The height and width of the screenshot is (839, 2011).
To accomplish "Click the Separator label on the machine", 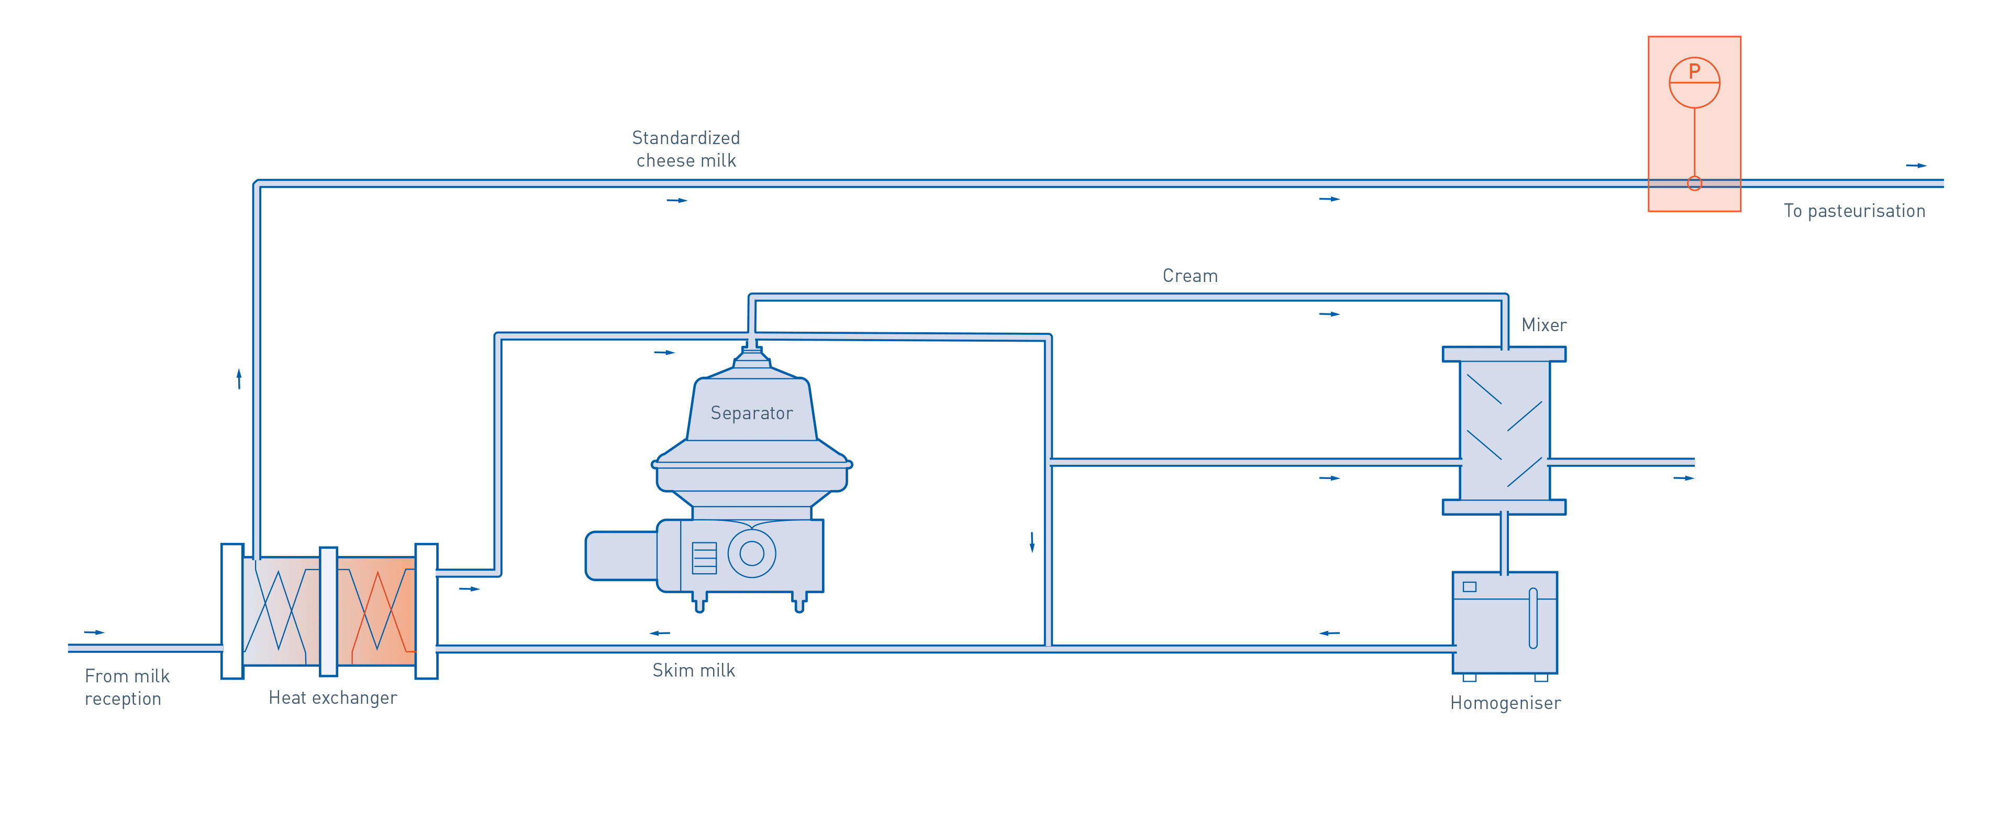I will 751,413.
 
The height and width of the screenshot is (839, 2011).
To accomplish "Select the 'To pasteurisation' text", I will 1854,211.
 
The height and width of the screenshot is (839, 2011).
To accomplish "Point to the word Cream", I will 1190,276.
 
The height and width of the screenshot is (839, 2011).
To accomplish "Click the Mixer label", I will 1543,325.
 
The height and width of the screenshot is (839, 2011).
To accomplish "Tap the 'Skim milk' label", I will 693,670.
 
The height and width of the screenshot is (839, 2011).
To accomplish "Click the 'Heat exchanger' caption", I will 332,698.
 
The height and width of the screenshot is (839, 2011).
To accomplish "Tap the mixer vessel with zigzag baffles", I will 1504,430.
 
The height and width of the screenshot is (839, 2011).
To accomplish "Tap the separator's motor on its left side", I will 620,555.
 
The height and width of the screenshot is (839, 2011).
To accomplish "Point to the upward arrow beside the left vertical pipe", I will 239,379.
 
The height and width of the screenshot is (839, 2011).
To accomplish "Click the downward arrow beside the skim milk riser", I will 1032,541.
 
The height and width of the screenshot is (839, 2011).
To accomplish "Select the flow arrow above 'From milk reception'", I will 94,632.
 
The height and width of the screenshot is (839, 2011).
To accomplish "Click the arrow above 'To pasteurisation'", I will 1916,166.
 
